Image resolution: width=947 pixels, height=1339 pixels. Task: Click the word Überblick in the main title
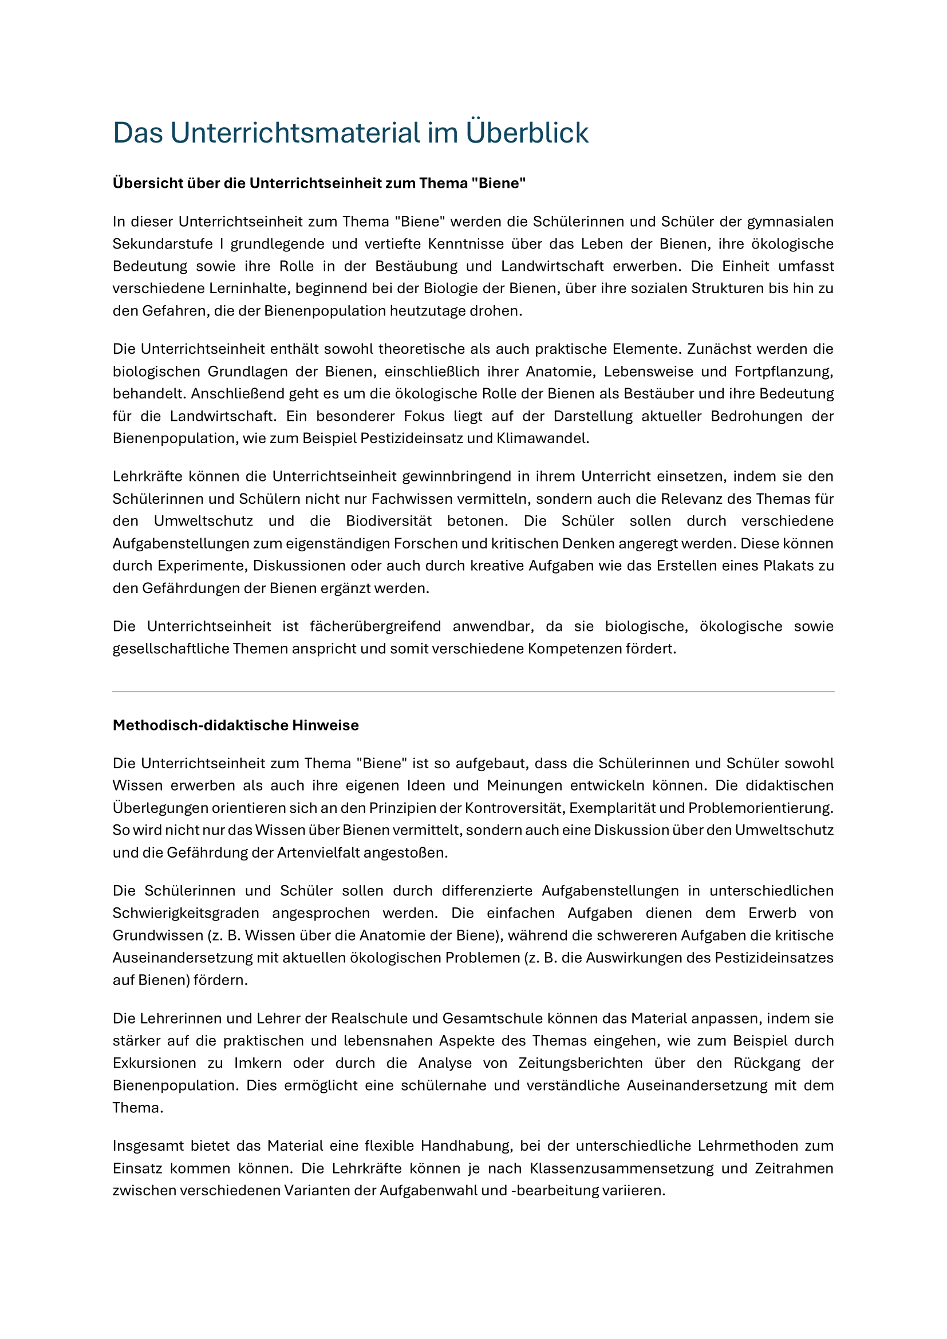527,133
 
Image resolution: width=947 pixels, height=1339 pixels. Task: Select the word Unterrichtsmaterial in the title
294,133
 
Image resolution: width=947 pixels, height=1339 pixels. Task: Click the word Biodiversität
388,521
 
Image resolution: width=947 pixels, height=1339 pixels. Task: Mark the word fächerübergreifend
375,626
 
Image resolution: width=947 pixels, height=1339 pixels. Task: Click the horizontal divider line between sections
473,692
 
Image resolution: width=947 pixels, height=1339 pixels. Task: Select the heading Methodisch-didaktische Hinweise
235,725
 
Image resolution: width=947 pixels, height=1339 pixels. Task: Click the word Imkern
258,1063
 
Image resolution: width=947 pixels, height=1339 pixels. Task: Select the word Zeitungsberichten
580,1063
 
